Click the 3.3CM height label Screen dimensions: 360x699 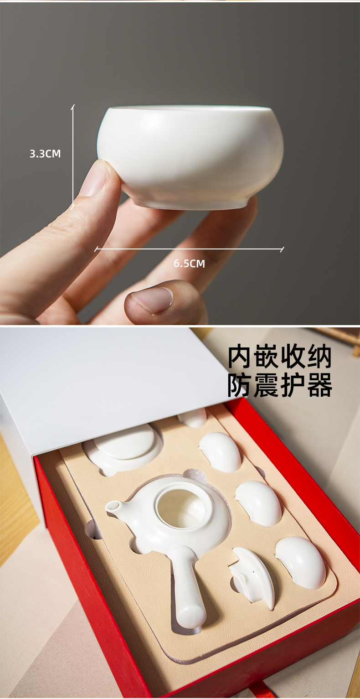(45, 154)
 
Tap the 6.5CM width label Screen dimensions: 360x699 (189, 264)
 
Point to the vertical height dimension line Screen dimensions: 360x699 (73, 157)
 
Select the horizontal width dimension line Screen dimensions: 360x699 (189, 249)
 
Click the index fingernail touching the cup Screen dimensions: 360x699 (93, 178)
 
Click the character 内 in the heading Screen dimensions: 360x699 (240, 357)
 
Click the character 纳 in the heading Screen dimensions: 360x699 (319, 357)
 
